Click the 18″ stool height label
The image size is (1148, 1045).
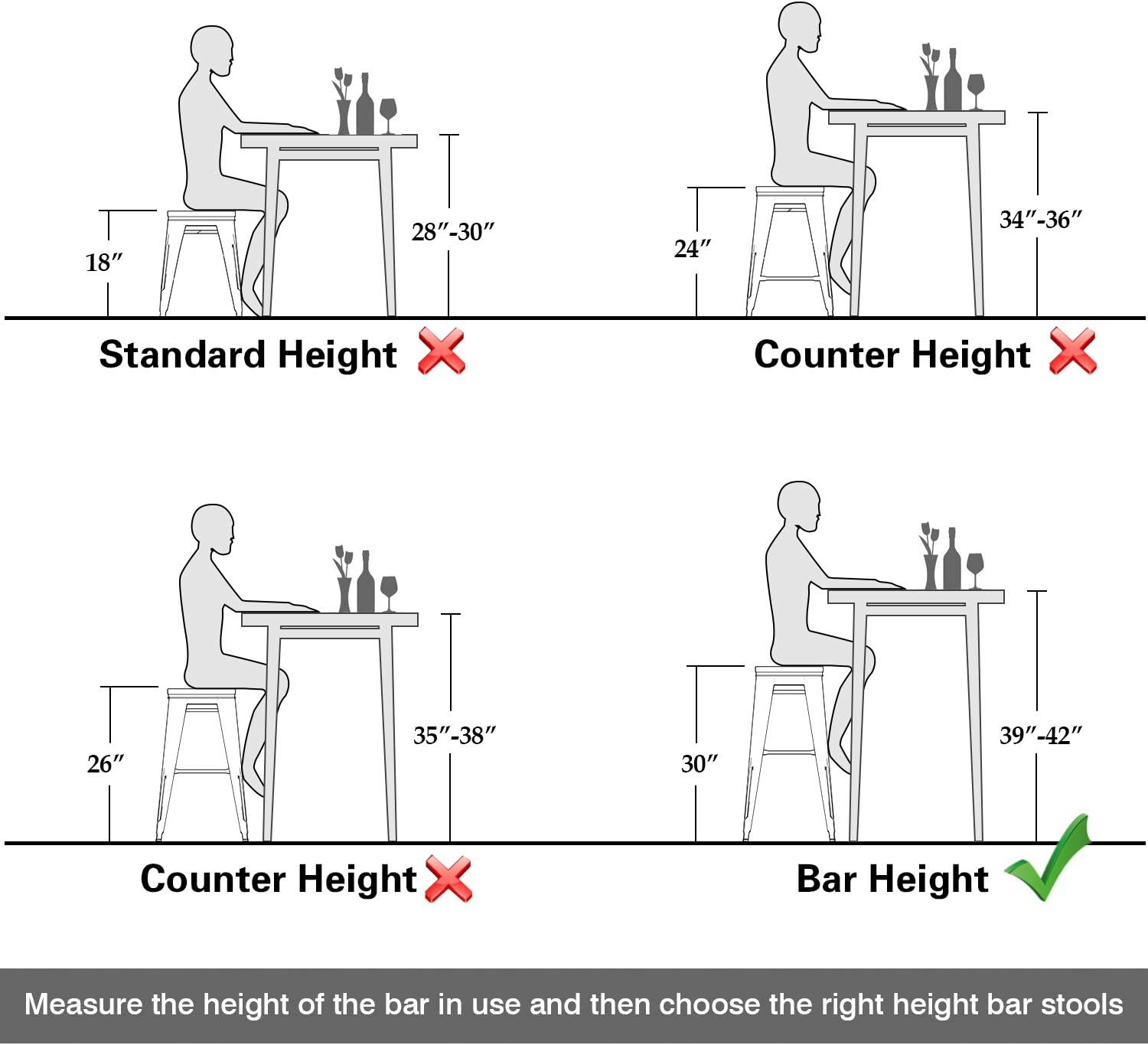(103, 263)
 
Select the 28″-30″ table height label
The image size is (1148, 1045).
(453, 231)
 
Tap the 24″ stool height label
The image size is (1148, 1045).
(693, 249)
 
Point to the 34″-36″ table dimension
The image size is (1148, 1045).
(1041, 220)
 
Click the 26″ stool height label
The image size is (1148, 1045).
(106, 764)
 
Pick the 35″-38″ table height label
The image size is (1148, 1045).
(455, 736)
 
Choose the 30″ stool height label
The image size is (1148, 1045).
(700, 764)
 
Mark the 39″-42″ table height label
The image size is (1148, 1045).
(1041, 736)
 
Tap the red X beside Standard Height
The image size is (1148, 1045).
(442, 351)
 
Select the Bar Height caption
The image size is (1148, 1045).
(892, 879)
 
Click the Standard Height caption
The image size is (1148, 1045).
(248, 354)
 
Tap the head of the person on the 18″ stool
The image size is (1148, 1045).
(212, 51)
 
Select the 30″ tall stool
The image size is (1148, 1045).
(789, 754)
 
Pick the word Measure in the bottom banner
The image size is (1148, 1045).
(83, 1004)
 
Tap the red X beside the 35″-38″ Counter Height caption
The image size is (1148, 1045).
(448, 878)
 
